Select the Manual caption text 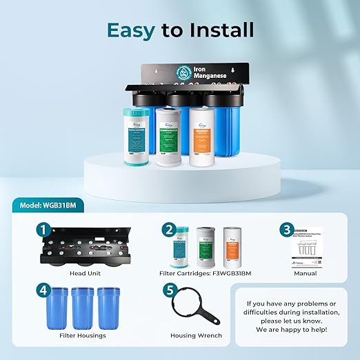304,274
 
